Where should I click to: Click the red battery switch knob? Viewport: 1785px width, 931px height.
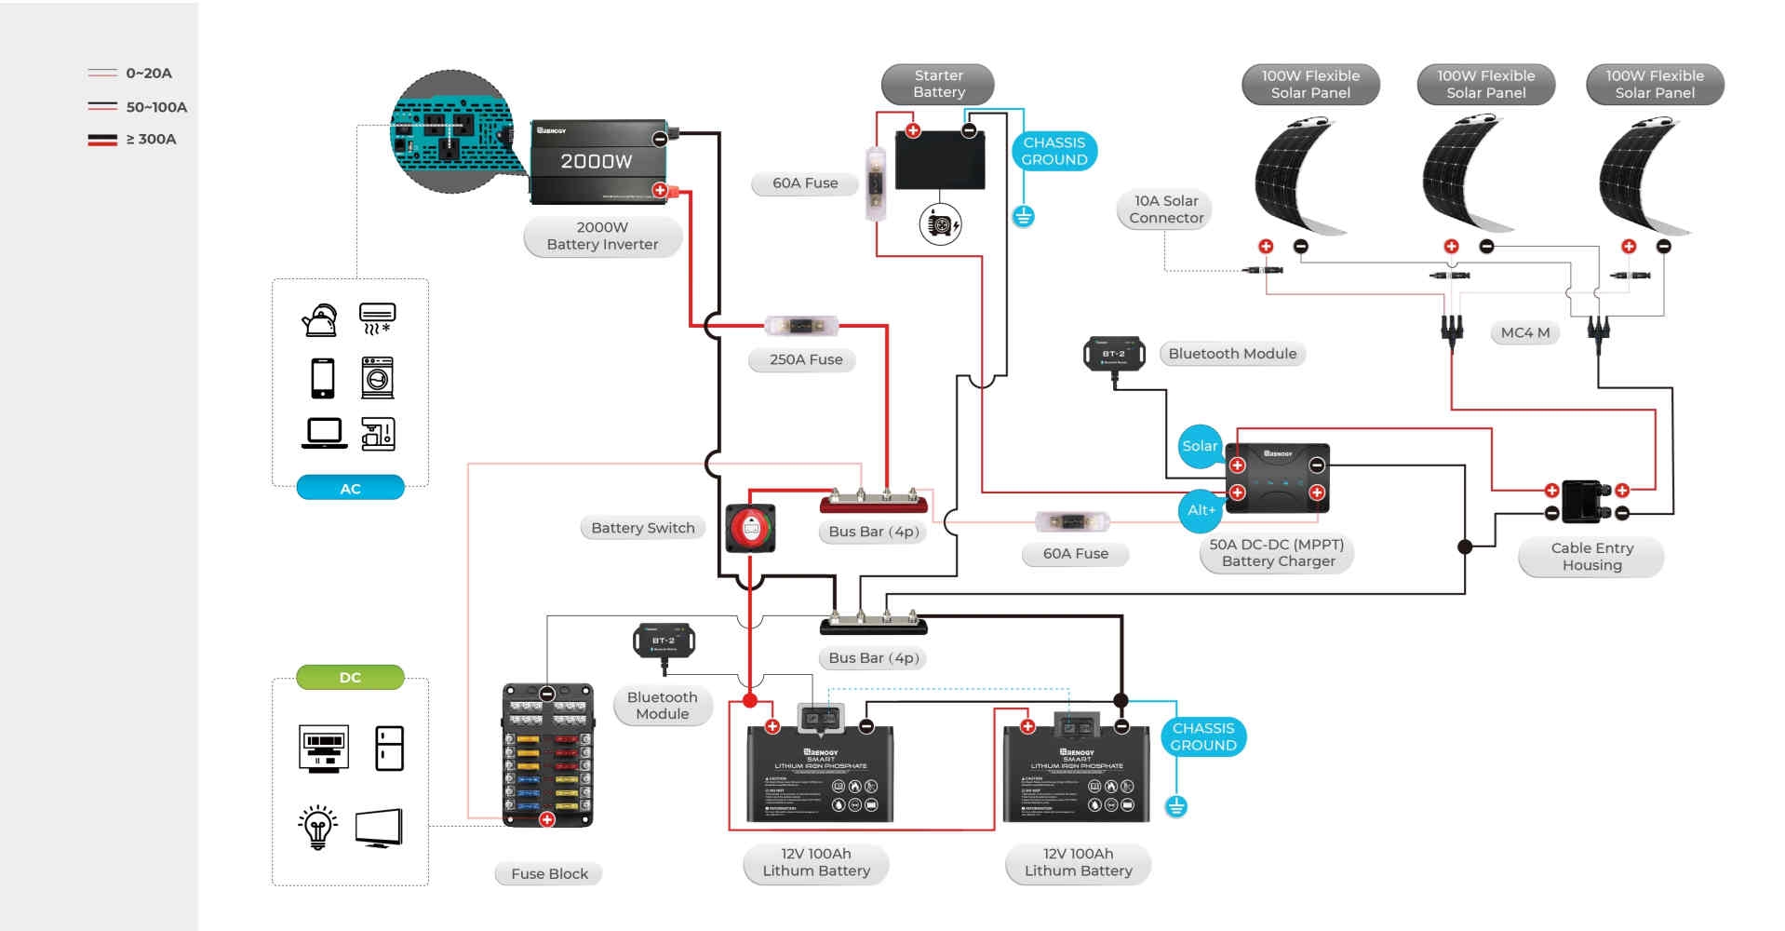[750, 529]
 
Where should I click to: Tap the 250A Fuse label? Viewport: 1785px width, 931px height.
[806, 359]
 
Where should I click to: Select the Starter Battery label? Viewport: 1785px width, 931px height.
[938, 84]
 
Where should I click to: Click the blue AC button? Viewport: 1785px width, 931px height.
[350, 488]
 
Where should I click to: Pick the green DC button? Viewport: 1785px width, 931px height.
[350, 677]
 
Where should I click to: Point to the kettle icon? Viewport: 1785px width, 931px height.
[319, 320]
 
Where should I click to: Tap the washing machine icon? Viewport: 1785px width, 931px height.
[377, 378]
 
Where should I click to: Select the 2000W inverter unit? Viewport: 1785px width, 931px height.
[597, 162]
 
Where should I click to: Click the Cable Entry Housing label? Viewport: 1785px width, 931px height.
[1591, 557]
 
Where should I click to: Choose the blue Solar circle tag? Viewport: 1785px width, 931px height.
[1200, 446]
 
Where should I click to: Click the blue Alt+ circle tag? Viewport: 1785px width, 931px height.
[1201, 510]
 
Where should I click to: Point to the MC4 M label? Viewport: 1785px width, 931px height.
[1524, 332]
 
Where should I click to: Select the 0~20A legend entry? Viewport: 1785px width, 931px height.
[130, 73]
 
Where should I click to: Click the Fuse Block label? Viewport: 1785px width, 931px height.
[549, 873]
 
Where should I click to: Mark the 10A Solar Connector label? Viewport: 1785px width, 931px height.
[1165, 209]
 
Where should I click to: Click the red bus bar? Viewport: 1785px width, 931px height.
[873, 503]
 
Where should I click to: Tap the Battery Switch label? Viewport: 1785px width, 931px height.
[642, 528]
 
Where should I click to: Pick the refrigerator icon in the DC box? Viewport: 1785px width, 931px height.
[389, 749]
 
